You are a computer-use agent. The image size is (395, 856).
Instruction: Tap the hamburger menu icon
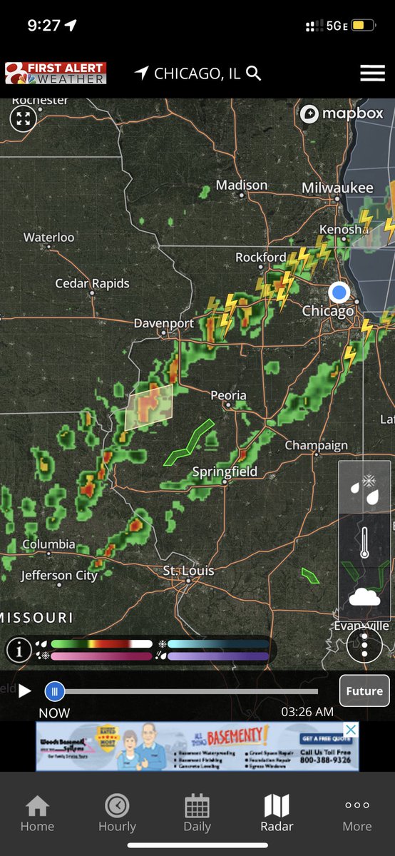[x=372, y=73]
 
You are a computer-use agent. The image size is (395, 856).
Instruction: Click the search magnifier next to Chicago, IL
[x=254, y=73]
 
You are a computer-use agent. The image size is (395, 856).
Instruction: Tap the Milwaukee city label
[x=337, y=188]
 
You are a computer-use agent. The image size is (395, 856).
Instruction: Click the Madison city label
[x=241, y=185]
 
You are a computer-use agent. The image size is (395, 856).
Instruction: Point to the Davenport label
[x=164, y=323]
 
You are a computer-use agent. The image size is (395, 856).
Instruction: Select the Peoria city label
[x=228, y=395]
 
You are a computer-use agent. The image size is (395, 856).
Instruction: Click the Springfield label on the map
[x=225, y=472]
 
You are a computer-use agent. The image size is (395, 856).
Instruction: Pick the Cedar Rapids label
[x=93, y=283]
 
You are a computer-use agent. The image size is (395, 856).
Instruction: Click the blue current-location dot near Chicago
[x=339, y=292]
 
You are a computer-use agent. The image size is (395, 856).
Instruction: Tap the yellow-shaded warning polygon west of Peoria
[x=149, y=407]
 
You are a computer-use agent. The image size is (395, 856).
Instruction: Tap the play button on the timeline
[x=25, y=691]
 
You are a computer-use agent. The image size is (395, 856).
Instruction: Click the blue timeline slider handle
[x=55, y=691]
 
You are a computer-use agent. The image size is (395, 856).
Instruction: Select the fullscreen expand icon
[x=23, y=118]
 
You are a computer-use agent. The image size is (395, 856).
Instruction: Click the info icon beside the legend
[x=19, y=650]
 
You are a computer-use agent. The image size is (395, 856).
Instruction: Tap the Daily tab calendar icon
[x=197, y=806]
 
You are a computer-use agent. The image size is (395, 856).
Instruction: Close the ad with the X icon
[x=350, y=730]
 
